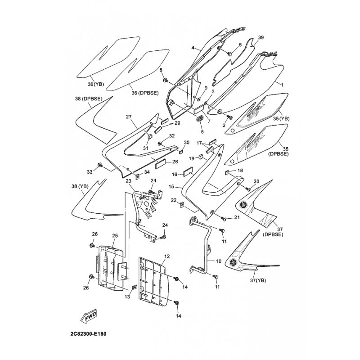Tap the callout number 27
tap(128, 117)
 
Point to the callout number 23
tap(128, 181)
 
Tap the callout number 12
tap(166, 256)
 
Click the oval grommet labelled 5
tap(199, 119)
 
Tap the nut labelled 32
tap(161, 144)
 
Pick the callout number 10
tap(219, 261)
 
